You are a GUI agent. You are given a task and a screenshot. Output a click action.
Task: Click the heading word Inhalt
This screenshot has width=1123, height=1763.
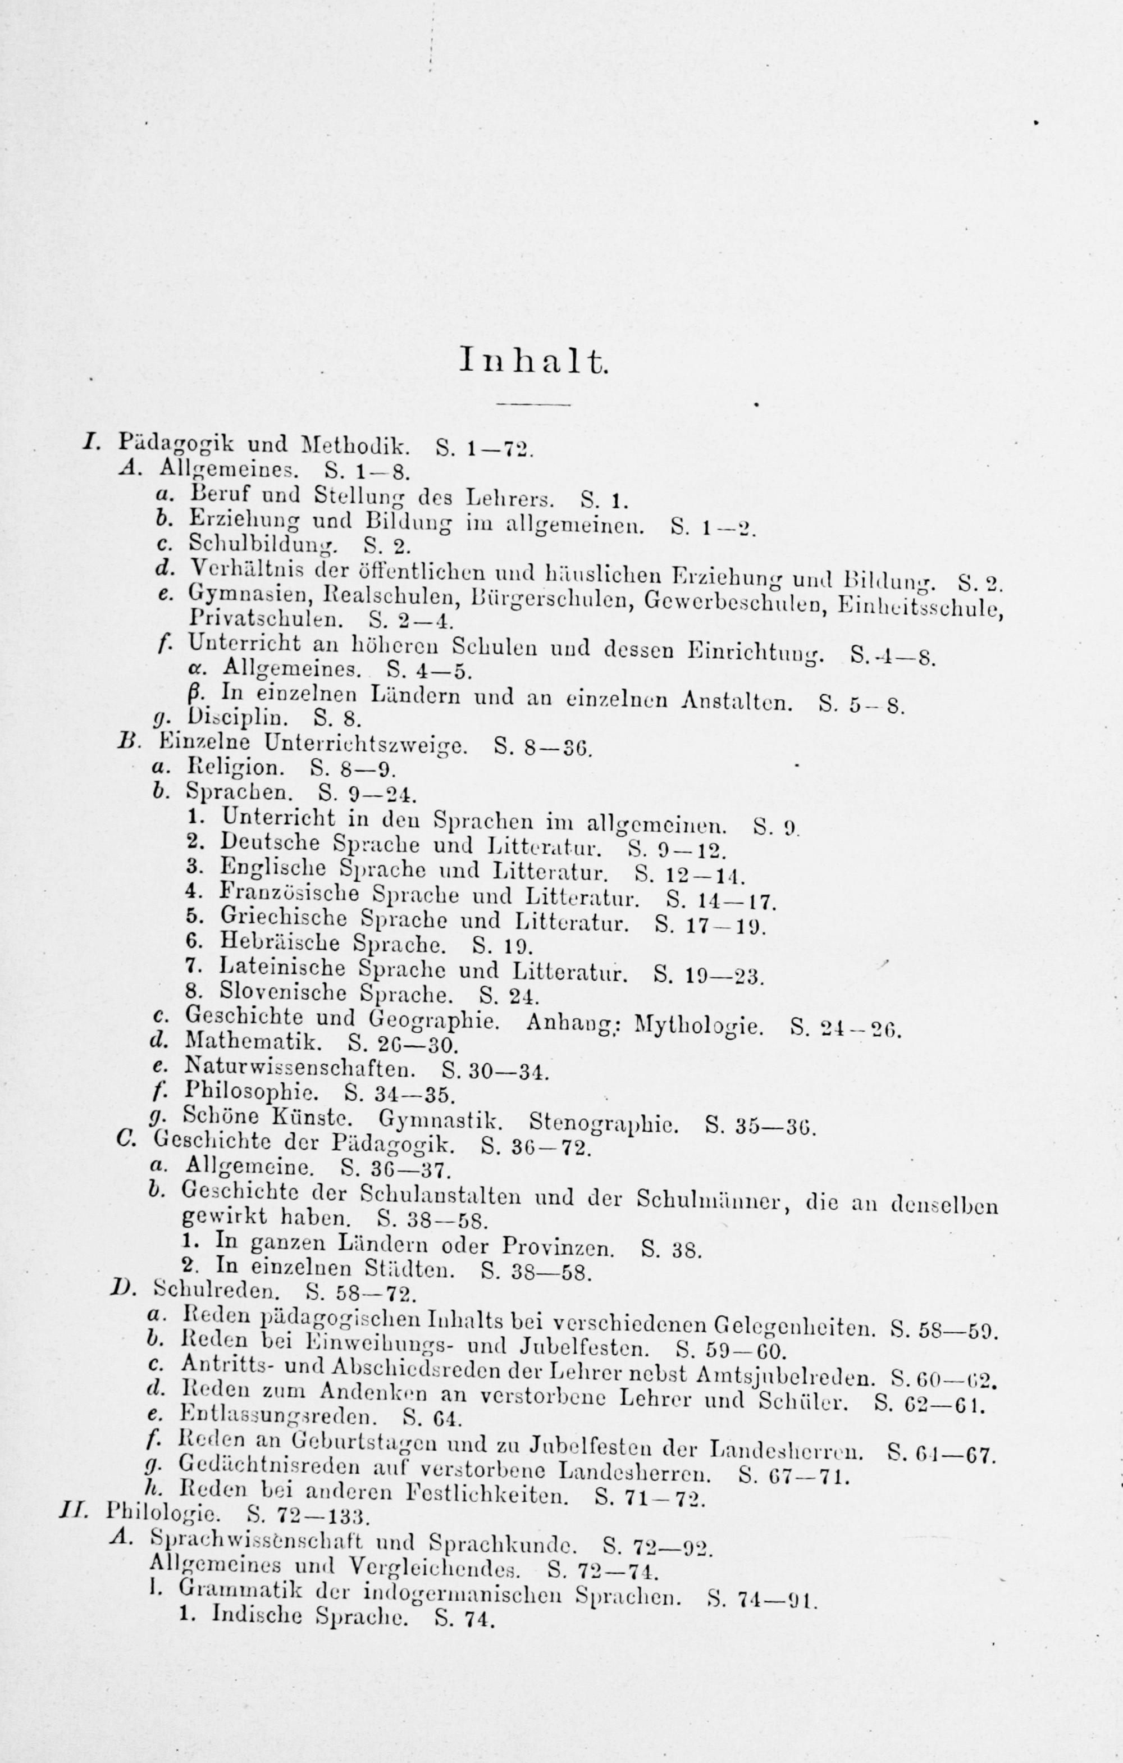(533, 361)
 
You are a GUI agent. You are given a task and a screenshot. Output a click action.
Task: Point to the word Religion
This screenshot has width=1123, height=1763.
(234, 768)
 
